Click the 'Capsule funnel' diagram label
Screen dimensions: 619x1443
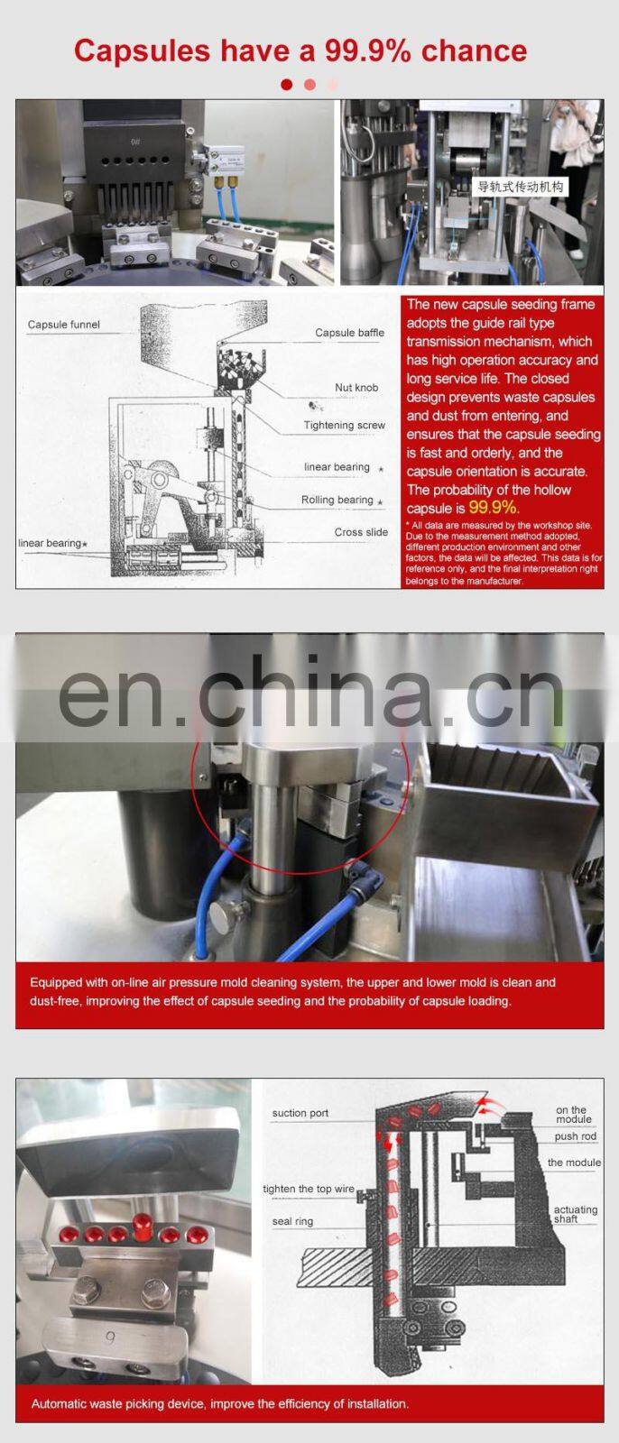pos(64,325)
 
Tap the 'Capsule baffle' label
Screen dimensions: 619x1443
pos(349,333)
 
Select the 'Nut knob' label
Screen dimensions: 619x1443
pos(356,387)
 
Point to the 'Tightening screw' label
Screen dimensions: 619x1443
pos(345,425)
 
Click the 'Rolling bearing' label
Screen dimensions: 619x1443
pos(337,500)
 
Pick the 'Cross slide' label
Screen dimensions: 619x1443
pos(361,532)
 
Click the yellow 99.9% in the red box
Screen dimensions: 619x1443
pos(494,508)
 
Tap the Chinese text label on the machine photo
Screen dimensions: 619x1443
pos(521,187)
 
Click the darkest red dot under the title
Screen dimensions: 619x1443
pos(287,85)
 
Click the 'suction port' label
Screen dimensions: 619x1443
pos(300,1113)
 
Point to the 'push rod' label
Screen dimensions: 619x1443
pos(575,1135)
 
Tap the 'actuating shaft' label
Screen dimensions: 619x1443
pos(575,1214)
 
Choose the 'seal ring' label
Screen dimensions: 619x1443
pos(292,1221)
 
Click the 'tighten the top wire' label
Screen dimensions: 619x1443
pos(309,1189)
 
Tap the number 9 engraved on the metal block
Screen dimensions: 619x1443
pos(110,1338)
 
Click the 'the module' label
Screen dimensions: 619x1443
pos(574,1163)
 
